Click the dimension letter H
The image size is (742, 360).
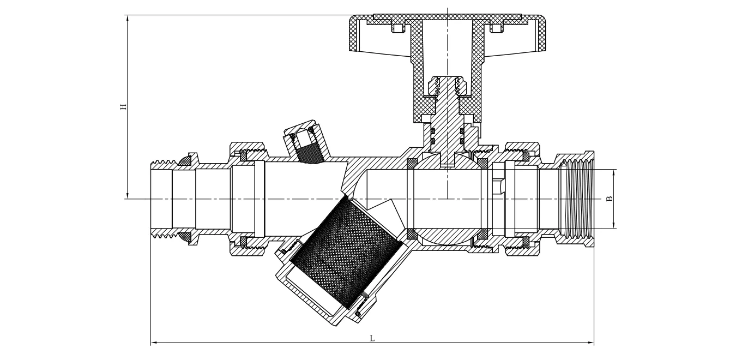pos(124,106)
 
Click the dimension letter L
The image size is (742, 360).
pos(372,338)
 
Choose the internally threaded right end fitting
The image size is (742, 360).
pos(575,199)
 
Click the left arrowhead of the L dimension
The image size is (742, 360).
pos(153,343)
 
